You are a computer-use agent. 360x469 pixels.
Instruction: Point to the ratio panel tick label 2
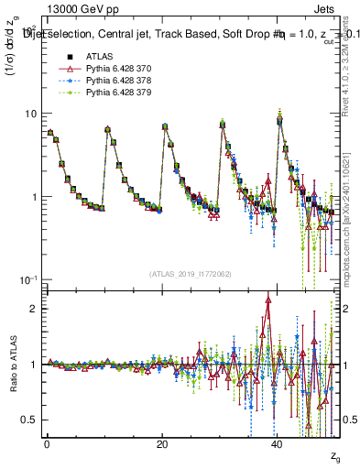click(32, 309)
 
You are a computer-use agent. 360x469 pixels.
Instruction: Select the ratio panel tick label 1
click(32, 365)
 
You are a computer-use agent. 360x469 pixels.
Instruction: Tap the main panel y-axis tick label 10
click(28, 114)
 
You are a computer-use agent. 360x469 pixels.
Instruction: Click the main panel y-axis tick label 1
click(32, 197)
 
